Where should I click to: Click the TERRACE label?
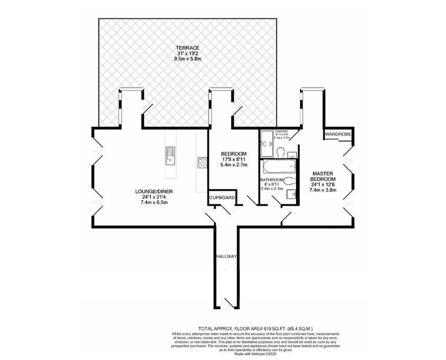[x=188, y=48]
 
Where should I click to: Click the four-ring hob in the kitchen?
[x=202, y=163]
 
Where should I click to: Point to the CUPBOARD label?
[x=222, y=198]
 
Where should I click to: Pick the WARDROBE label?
[x=338, y=134]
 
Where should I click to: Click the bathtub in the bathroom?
[x=278, y=167]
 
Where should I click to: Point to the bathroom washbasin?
[x=290, y=194]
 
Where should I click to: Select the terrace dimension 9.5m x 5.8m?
[x=188, y=59]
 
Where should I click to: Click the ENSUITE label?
[x=282, y=132]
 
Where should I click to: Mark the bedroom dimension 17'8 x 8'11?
[x=234, y=160]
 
